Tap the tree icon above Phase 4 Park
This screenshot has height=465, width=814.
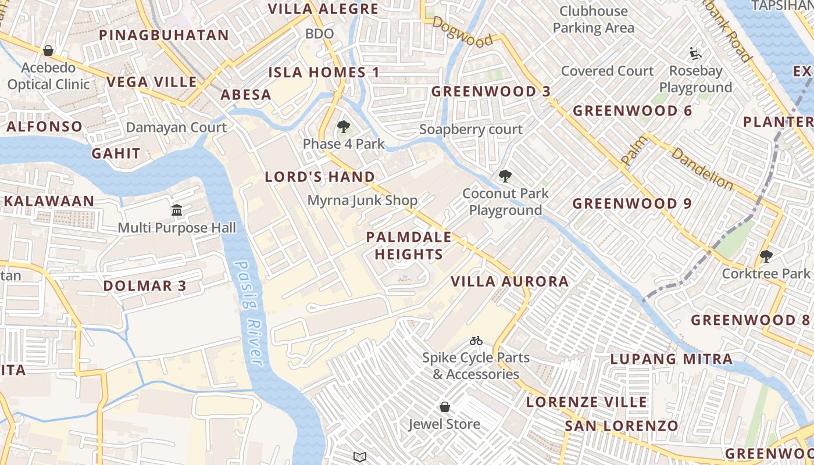pos(344,127)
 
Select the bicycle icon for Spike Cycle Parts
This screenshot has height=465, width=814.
pos(476,341)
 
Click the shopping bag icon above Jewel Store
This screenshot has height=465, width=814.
pos(445,407)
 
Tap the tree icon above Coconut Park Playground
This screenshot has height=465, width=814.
pos(505,176)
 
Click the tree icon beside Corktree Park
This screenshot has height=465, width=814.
pos(766,256)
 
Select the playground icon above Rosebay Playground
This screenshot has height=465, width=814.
pos(695,54)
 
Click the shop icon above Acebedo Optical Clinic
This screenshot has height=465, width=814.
pos(48,51)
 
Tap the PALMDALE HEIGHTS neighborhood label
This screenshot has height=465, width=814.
pos(409,245)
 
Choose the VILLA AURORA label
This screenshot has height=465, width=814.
pos(510,282)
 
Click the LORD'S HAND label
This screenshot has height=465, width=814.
pos(320,177)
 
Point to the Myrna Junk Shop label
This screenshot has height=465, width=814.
pos(362,201)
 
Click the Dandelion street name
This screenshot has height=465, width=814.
pos(702,168)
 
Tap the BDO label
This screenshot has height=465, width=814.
pos(319,34)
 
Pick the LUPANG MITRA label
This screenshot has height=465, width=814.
pos(671,359)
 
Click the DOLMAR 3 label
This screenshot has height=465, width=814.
pos(145,286)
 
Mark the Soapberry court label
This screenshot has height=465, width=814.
pos(471,130)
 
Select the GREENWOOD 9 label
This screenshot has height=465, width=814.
pos(632,204)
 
